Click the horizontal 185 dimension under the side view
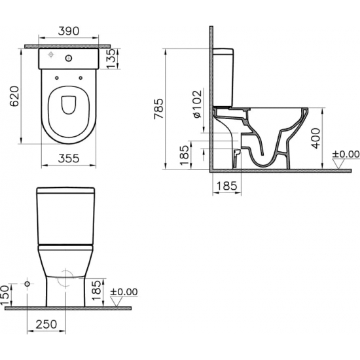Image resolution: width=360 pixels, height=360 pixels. (226, 186)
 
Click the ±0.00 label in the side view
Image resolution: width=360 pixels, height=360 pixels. (346, 154)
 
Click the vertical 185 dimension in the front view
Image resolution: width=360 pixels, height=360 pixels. (97, 287)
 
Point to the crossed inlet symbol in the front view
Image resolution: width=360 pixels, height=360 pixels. (27, 283)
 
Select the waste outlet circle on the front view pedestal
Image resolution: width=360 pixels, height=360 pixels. (65, 278)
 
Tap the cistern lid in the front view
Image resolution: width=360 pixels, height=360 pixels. (65, 192)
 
